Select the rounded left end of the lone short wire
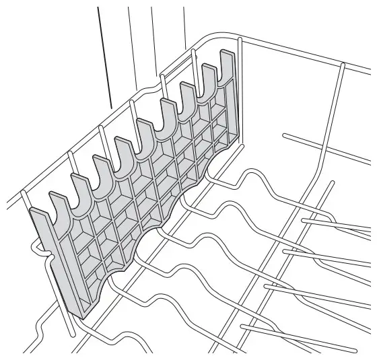coord(285,137)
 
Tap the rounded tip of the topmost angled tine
coord(304,221)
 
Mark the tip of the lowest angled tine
coord(244,328)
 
